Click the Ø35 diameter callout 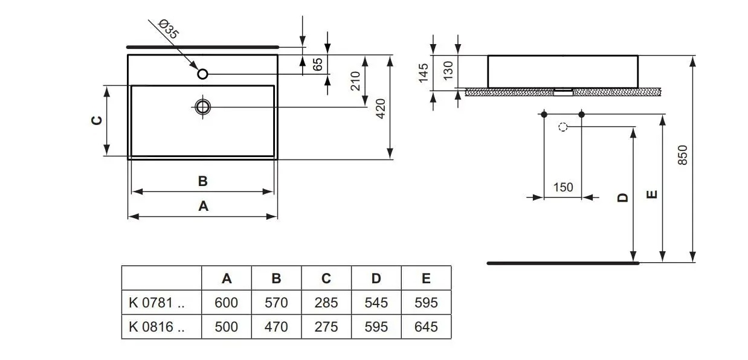point(169,30)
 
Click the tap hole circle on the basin point(203,74)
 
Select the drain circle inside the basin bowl point(203,107)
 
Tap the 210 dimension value point(355,81)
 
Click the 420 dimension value point(381,108)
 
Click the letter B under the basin point(203,181)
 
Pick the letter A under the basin point(203,206)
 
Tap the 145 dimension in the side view point(423,72)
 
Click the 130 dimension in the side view point(448,71)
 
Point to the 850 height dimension point(683,156)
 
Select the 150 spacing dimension point(563,187)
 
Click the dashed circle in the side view point(563,127)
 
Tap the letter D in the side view point(624,197)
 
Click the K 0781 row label point(156,303)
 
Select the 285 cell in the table point(326,303)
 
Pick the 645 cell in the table point(426,327)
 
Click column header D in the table point(376,278)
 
